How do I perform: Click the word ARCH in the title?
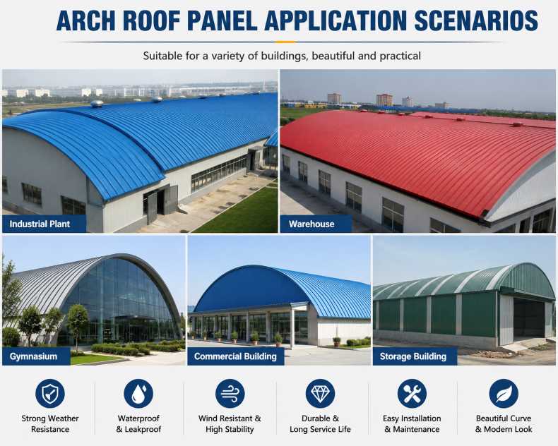coord(85,20)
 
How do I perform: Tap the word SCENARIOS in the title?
coord(476,20)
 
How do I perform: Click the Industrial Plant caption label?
coord(44,224)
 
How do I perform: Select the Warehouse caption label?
coord(316,224)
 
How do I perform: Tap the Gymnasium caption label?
coord(36,356)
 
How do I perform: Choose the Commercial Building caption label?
coord(236,356)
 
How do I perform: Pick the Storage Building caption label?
coord(415,356)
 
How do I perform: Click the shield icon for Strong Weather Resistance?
coord(50,394)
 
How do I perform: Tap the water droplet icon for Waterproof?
coord(138,394)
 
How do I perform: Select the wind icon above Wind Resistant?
coord(230,394)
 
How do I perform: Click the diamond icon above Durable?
coord(320,394)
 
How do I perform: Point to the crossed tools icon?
coord(412,394)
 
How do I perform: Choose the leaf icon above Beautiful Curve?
coord(504,394)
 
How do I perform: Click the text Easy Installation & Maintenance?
coord(412,424)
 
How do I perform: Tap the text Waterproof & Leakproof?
coord(138,424)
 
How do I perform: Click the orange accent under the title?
coord(286,42)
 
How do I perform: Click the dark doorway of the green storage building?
coord(529,318)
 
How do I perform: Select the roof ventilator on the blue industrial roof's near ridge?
coord(97,104)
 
